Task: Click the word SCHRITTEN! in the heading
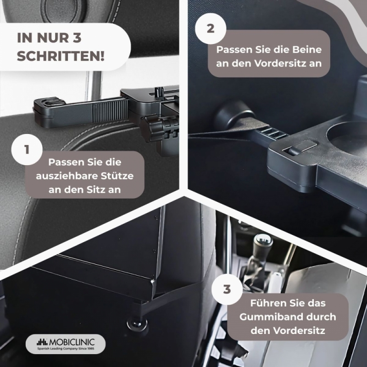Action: point(61,56)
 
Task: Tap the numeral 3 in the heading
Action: point(77,38)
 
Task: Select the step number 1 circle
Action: point(27,150)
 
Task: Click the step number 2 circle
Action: point(211,28)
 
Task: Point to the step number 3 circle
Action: point(227,289)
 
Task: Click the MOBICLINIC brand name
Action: point(72,342)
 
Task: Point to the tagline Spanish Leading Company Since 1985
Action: point(66,349)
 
